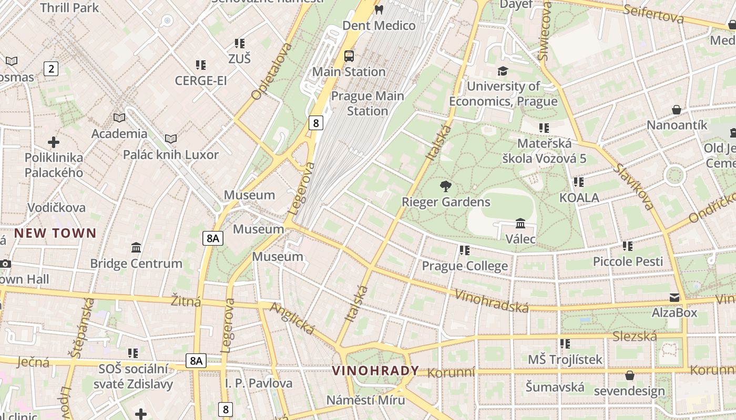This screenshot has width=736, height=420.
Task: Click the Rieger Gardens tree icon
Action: [446, 186]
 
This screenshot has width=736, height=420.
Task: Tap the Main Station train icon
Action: [349, 56]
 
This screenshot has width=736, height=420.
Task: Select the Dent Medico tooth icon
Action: [378, 9]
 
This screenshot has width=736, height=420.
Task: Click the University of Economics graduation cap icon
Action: [503, 71]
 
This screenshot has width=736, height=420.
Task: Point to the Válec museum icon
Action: [520, 224]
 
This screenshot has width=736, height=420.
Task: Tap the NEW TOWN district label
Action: [55, 233]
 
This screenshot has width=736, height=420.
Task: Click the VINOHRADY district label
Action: [375, 371]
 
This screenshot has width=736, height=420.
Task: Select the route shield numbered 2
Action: [50, 68]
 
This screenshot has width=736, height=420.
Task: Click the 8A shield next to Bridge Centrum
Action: [212, 238]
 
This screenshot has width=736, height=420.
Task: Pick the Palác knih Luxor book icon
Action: [170, 139]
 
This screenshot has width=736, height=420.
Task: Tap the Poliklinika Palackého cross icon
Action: [53, 142]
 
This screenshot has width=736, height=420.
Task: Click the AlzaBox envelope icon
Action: [674, 298]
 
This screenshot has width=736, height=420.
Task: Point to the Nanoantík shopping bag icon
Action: [677, 110]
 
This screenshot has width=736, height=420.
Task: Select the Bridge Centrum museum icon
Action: [136, 247]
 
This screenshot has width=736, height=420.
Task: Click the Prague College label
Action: [465, 266]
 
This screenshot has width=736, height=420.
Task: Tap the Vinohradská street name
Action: [491, 300]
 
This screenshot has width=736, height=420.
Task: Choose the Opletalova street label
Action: [271, 71]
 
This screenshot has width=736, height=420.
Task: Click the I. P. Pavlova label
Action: [259, 383]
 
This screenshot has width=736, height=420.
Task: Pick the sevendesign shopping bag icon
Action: [629, 375]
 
